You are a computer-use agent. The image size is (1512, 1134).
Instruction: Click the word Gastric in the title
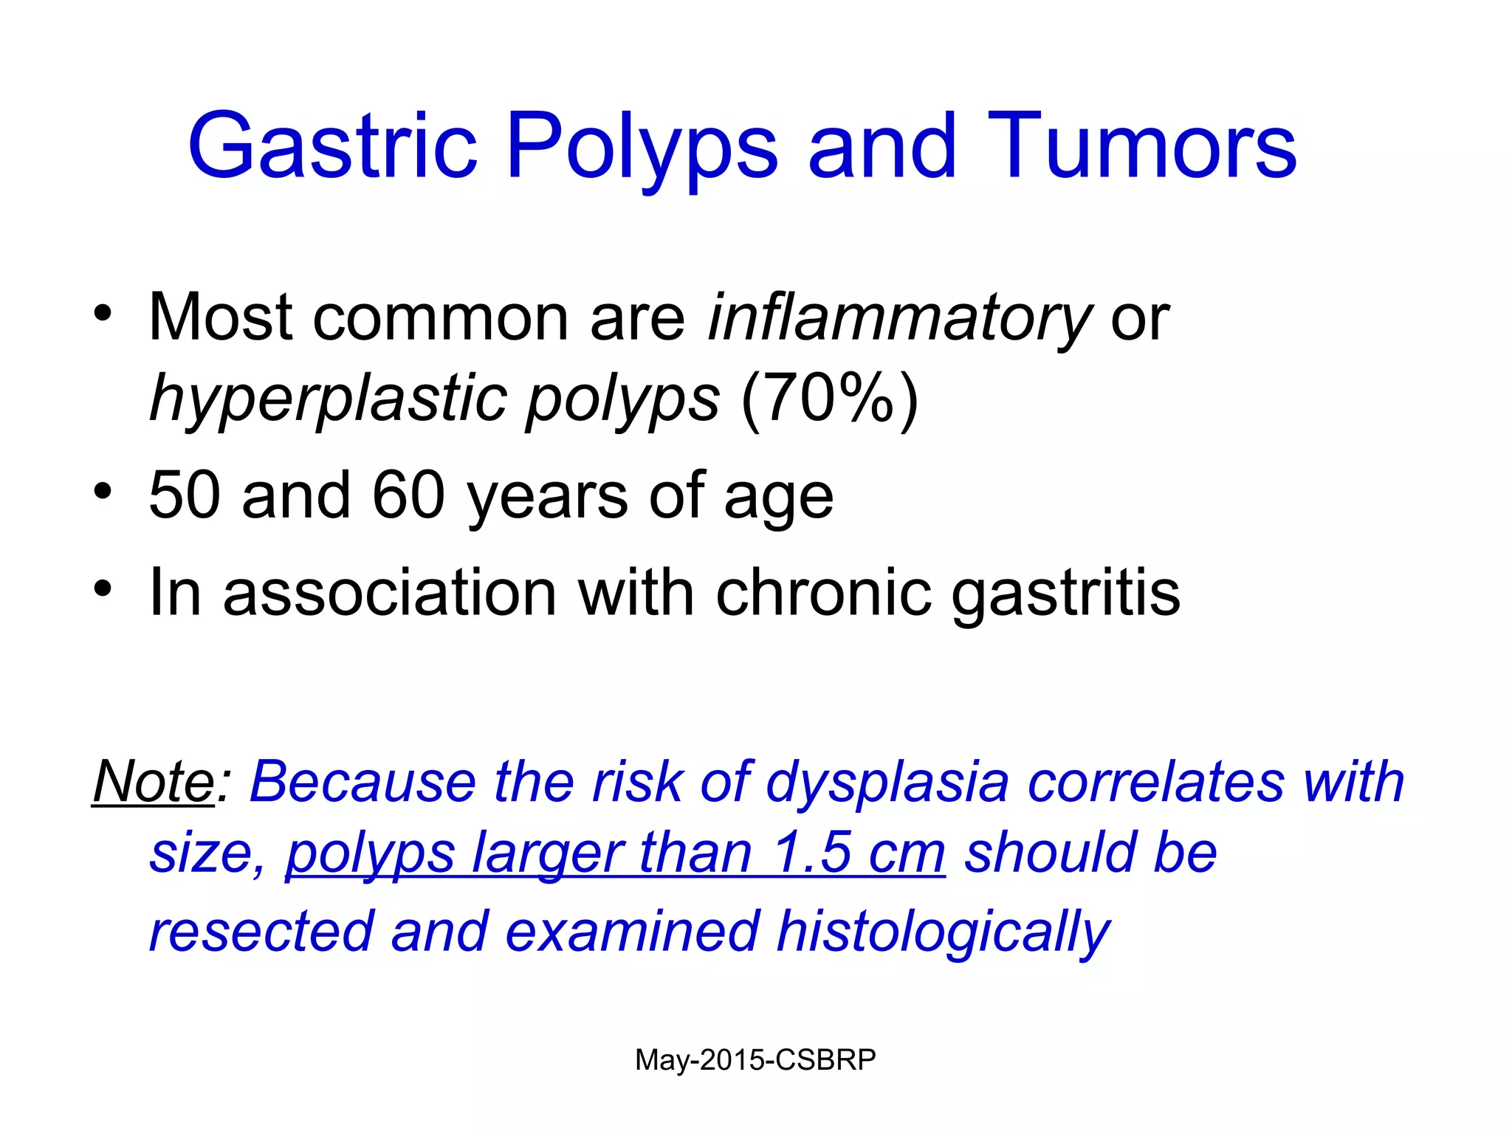point(332,145)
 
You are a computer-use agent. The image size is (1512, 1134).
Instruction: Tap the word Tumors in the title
point(1141,145)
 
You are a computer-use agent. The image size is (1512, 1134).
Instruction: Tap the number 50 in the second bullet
point(184,495)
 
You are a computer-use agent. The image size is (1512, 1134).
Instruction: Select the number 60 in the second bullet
point(408,495)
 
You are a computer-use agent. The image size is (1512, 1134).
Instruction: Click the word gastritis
point(1065,593)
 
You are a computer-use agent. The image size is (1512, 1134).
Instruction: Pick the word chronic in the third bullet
point(822,593)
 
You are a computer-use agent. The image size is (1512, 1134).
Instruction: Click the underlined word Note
point(154,781)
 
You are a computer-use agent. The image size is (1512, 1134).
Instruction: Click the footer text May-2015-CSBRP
point(755,1060)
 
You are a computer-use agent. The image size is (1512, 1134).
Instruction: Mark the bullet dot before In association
point(103,589)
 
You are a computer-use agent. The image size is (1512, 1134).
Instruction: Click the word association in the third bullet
point(389,593)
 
